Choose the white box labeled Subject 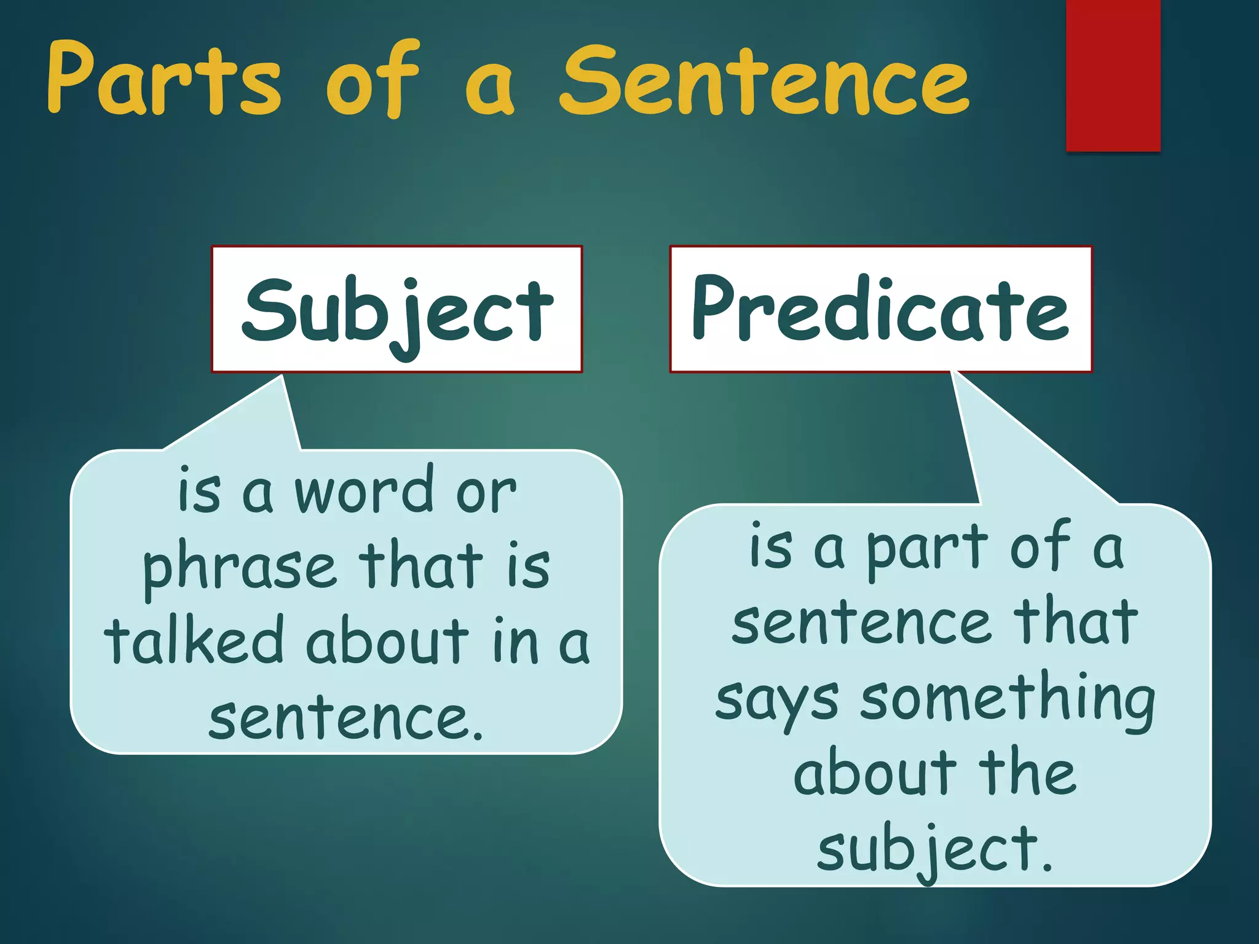point(397,309)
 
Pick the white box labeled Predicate point(880,309)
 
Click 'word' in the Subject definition point(363,492)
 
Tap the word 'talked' point(194,642)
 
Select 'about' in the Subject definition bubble point(387,642)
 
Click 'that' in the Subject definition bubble point(420,565)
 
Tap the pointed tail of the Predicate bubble point(996,430)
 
